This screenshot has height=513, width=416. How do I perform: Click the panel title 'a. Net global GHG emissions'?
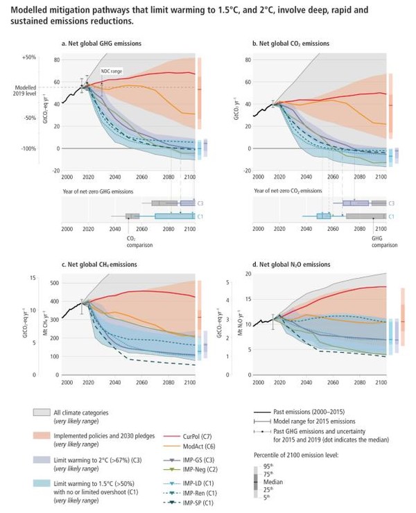click(101, 44)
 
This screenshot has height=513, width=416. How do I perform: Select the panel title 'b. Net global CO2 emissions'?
click(291, 44)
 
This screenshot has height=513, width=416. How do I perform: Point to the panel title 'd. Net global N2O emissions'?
click(291, 264)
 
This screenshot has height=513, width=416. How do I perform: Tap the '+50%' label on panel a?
click(29, 57)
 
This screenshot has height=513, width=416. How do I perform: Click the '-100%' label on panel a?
click(28, 148)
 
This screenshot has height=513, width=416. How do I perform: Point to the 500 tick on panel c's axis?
click(53, 283)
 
